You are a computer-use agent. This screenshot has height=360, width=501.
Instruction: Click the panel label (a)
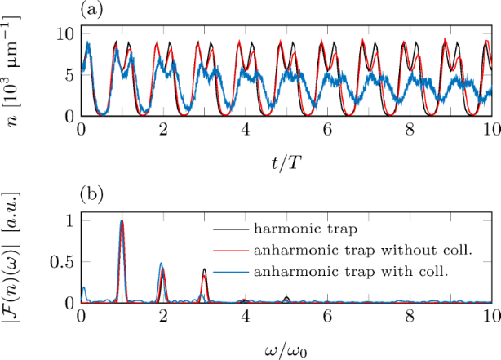(x=90, y=10)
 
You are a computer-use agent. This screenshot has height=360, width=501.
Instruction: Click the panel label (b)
(x=90, y=197)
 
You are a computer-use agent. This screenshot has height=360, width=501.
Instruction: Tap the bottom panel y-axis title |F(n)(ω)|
(x=18, y=261)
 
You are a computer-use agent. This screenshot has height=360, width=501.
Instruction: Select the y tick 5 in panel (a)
(x=69, y=75)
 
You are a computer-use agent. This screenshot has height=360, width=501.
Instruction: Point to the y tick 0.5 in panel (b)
(x=63, y=261)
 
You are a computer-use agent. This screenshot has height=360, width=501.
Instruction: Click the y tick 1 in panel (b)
(x=69, y=220)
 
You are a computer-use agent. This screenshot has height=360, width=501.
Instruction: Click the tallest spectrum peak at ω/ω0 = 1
(x=122, y=220)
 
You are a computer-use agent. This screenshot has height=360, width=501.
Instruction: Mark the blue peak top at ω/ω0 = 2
(x=161, y=263)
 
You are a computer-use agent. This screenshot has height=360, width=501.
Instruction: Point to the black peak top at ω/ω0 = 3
(x=205, y=269)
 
